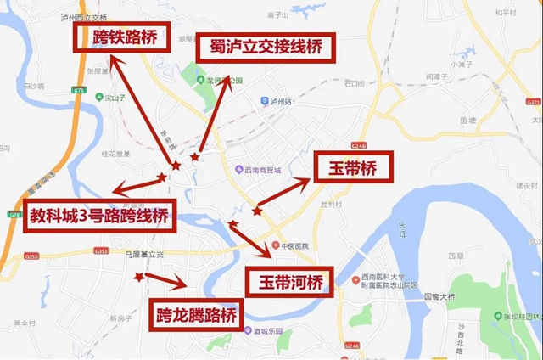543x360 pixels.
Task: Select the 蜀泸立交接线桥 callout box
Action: [266, 48]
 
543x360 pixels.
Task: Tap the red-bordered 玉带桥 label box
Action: [355, 167]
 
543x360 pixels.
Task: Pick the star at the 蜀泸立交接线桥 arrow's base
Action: [195, 157]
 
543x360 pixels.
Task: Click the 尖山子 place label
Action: [114, 97]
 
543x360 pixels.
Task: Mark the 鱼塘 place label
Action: [467, 120]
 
